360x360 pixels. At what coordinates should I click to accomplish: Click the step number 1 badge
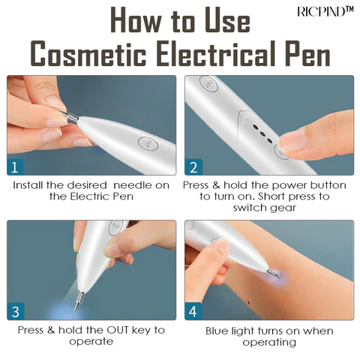pyautogui.click(x=15, y=166)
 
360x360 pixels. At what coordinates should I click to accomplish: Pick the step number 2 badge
pyautogui.click(x=193, y=166)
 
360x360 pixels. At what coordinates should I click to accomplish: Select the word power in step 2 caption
pyautogui.click(x=283, y=184)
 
